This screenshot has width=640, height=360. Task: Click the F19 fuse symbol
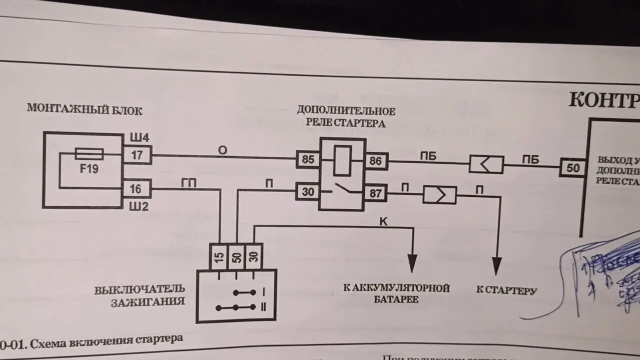[x=89, y=154]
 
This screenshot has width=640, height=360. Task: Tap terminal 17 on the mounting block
[x=137, y=155]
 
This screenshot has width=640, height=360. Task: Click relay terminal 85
[x=308, y=160]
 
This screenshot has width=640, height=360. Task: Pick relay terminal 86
[x=375, y=161]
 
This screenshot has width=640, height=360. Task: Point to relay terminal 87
[x=375, y=193]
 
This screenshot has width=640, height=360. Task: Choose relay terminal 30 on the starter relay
[x=307, y=191]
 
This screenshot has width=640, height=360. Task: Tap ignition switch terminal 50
[x=237, y=257]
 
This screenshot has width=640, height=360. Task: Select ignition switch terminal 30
[x=254, y=257]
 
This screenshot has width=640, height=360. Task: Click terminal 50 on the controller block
[x=572, y=167]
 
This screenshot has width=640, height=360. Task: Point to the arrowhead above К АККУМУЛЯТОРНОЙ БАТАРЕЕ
[x=412, y=263]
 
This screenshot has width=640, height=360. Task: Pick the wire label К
[x=383, y=221]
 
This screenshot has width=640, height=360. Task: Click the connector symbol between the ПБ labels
[x=485, y=164]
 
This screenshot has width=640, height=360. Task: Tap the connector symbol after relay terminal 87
[x=439, y=194]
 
